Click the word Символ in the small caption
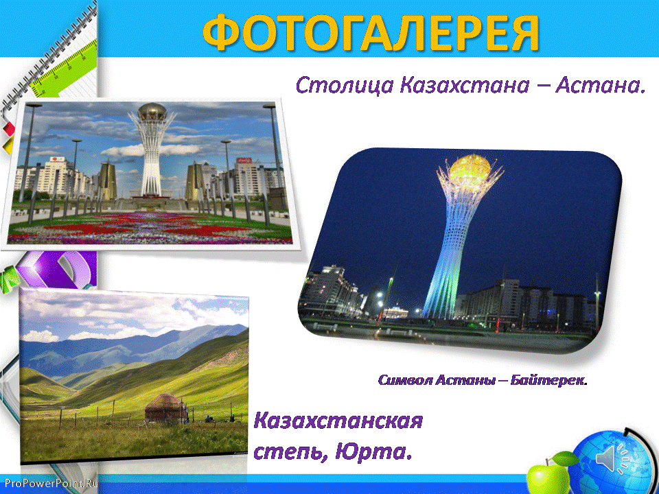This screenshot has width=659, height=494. coord(405,380)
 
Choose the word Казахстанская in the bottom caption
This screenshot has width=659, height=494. coord(338,421)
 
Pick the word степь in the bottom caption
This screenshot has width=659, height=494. coord(290,453)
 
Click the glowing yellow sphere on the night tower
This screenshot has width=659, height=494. coord(470,169)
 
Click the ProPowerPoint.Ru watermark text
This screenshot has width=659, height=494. coord(49,484)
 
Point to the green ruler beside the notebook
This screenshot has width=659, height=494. coord(63,69)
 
